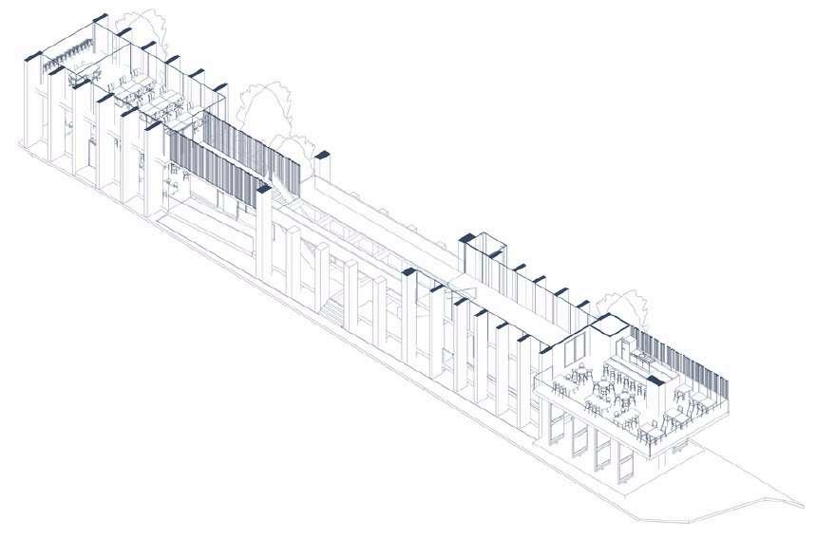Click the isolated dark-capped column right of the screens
coord(323,154)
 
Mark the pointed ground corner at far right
coord(804,505)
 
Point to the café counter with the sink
coord(640,362)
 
